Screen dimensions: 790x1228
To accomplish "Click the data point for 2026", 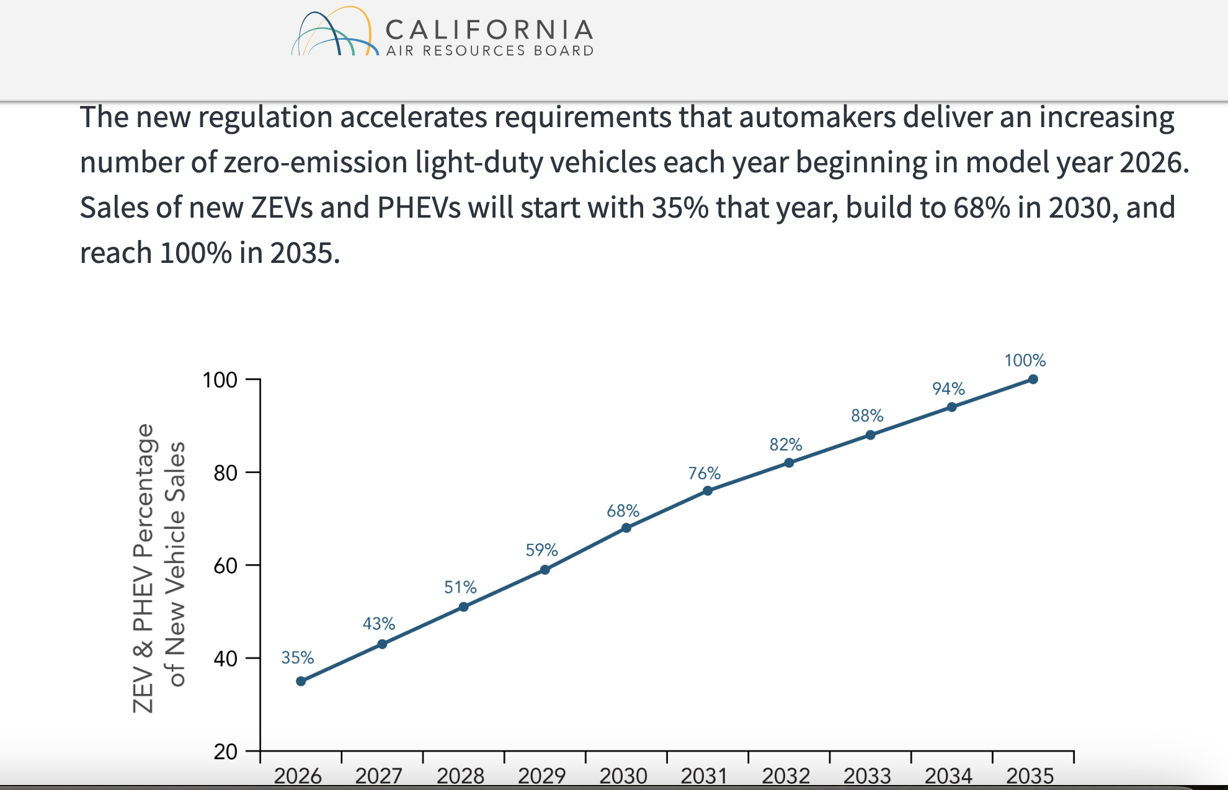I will coord(301,681).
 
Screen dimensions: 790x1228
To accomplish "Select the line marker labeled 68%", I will coord(626,528).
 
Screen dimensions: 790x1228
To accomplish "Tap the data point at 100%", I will coord(1033,379).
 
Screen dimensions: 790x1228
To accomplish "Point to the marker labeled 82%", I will coord(789,463).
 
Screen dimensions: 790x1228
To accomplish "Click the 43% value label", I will coord(378,623).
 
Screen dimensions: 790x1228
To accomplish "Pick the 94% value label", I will coord(948,389).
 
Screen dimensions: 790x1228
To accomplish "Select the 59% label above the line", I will coord(541,550).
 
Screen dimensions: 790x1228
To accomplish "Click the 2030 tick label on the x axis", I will coord(623,776).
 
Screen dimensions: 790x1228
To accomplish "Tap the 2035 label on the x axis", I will coord(1030,776).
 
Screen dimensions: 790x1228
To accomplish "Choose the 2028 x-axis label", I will coord(460,776).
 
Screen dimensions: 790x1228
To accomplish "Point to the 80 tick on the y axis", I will coord(225,473).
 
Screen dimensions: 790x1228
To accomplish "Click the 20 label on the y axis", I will coord(225,752).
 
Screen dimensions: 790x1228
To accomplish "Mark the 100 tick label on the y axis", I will coord(220,379).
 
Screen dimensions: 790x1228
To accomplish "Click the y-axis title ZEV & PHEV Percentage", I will coord(144,567).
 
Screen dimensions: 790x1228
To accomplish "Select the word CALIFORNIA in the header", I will coord(489,29).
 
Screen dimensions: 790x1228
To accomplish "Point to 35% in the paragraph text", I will coord(680,207).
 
